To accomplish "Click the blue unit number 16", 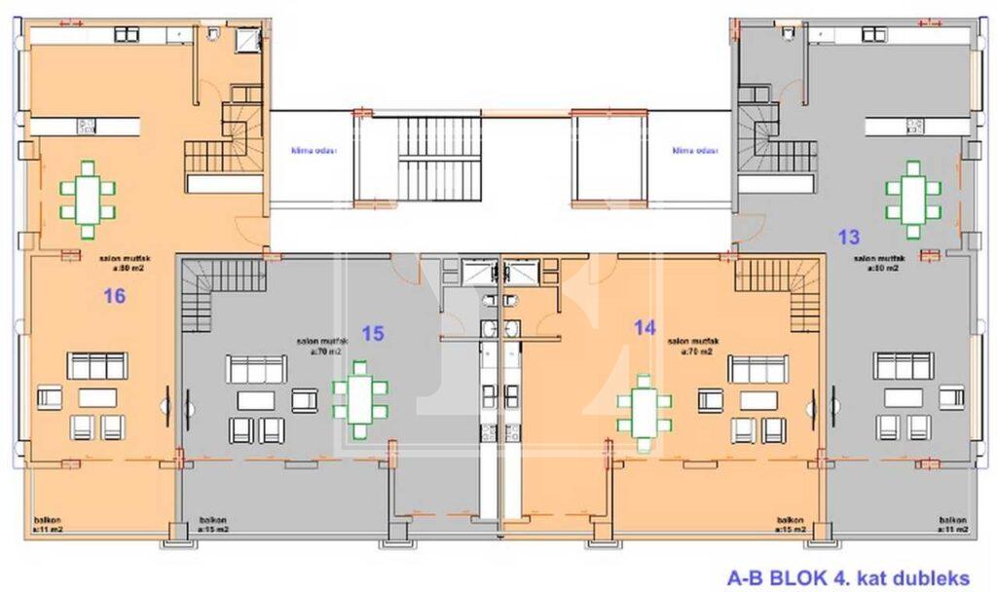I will pos(114,296).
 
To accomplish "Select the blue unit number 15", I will pos(372,333).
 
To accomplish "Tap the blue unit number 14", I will pos(645,328).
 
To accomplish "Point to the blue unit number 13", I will pos(849,237).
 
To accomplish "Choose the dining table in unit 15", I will pos(360,398).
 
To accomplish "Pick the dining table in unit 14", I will pos(643,411).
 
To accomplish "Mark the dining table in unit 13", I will pos(912,200).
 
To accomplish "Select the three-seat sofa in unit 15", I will pos(256,369).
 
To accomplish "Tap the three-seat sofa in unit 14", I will pos(757,369).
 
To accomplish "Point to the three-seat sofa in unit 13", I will pos(903,366).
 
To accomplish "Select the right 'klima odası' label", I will pos(694,151).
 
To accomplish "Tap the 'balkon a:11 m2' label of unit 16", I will pos(48,525).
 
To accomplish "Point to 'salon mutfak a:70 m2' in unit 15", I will pos(322,347).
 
